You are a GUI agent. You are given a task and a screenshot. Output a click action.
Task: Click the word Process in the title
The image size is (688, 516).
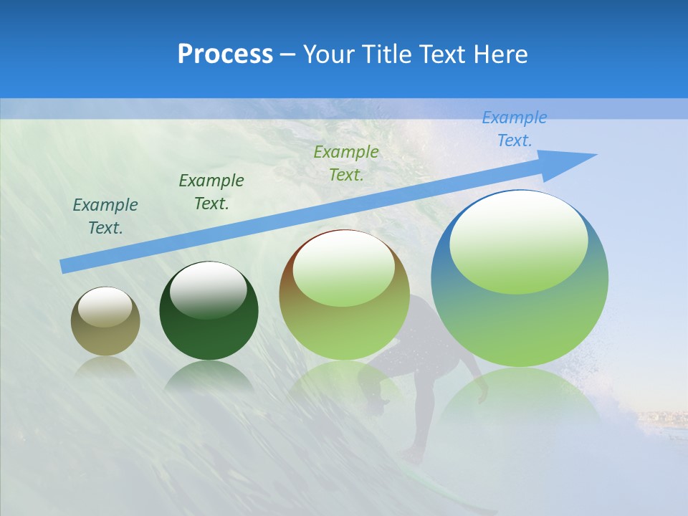pos(225,54)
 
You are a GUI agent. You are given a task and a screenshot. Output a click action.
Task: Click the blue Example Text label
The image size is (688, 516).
pos(514,129)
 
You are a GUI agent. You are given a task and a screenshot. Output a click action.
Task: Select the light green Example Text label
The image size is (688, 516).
pos(346,163)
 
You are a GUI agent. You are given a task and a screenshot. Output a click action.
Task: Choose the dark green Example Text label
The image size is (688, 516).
pos(211,192)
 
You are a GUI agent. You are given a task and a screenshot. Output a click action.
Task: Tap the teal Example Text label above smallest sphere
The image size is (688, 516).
pos(105,216)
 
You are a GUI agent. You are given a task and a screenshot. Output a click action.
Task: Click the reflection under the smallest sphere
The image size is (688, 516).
pos(105,366)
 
